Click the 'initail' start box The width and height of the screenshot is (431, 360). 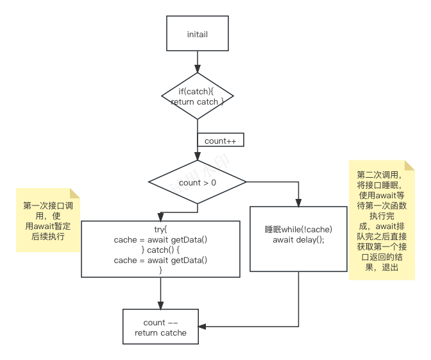tap(198, 33)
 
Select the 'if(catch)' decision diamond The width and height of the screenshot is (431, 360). tap(198, 97)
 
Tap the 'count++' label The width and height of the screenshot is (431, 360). tap(221, 140)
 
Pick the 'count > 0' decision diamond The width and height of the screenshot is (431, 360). tap(198, 182)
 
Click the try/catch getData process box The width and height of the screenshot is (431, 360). tap(161, 249)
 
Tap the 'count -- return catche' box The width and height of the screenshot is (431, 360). tap(161, 327)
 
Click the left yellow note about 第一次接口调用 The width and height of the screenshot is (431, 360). tap(47, 220)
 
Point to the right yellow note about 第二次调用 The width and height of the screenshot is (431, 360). tap(377, 220)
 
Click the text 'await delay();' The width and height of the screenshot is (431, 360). tap(299, 240)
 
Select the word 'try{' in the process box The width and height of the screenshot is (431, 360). tap(161, 229)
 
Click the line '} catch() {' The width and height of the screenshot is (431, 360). tap(161, 250)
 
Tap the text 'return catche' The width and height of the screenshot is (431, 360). tap(161, 332)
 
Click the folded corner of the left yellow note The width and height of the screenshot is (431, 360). tap(74, 193)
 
